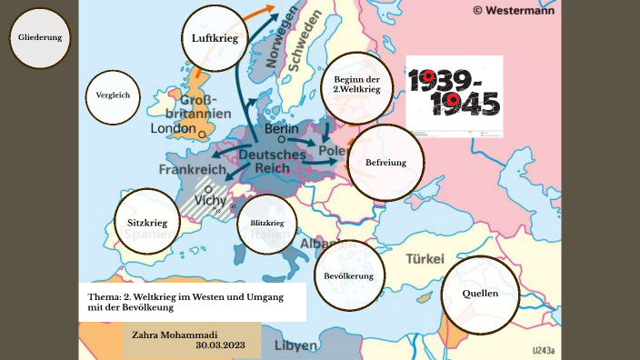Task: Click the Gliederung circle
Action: pyautogui.click(x=40, y=37)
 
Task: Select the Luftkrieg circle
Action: pyautogui.click(x=215, y=38)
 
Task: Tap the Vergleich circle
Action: pyautogui.click(x=113, y=95)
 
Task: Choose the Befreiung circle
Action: pyautogui.click(x=386, y=164)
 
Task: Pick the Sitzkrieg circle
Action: pyautogui.click(x=147, y=221)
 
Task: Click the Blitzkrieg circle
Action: pyautogui.click(x=266, y=224)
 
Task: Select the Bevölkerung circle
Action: pyautogui.click(x=349, y=275)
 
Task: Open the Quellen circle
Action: pyautogui.click(x=479, y=295)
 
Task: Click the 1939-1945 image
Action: pyautogui.click(x=454, y=94)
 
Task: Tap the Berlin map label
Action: pyautogui.click(x=281, y=130)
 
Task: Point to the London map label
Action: pyautogui.click(x=173, y=129)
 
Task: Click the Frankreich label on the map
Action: pyautogui.click(x=192, y=169)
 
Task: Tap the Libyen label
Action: pyautogui.click(x=295, y=345)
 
